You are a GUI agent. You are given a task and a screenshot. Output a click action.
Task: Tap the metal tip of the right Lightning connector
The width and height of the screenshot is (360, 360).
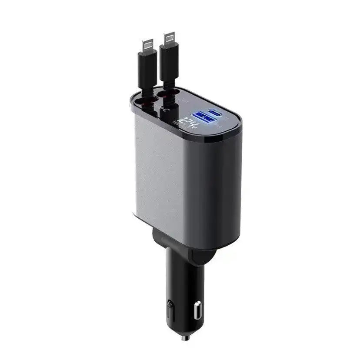coord(170,39)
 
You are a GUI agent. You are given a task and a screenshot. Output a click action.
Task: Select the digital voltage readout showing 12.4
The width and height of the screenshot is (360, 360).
coord(190,123)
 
